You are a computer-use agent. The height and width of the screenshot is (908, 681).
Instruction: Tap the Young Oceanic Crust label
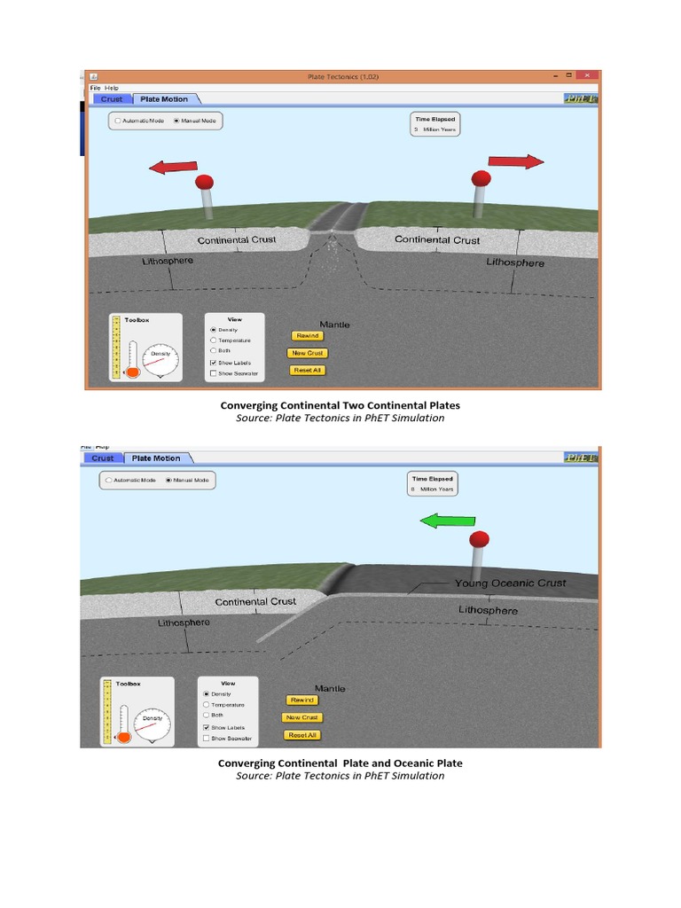(x=510, y=583)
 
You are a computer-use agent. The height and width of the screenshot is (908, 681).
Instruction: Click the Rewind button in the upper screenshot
(x=307, y=336)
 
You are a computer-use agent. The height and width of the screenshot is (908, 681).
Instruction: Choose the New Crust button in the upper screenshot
(x=307, y=353)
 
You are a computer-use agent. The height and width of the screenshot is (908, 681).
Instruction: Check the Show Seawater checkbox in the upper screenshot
(x=213, y=373)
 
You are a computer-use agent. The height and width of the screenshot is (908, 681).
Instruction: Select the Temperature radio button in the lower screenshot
(x=207, y=704)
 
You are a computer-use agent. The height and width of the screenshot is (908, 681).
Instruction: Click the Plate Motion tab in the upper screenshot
(x=164, y=99)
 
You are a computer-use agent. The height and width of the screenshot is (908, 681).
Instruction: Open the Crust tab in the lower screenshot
(x=103, y=458)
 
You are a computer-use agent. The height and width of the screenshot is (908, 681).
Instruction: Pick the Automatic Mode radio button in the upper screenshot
(x=118, y=121)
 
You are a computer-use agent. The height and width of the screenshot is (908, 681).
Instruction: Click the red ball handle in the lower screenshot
(x=480, y=539)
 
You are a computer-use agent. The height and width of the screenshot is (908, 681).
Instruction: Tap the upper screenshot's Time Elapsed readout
(x=434, y=124)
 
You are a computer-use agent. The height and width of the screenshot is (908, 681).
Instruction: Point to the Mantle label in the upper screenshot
(x=334, y=325)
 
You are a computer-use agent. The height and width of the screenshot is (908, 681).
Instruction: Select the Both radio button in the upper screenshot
(x=213, y=351)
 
